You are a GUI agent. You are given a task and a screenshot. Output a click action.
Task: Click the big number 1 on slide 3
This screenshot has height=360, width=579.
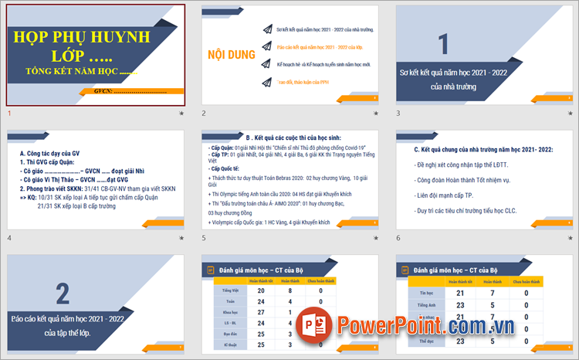(443, 44)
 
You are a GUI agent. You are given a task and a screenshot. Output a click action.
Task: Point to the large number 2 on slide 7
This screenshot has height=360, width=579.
(63, 293)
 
